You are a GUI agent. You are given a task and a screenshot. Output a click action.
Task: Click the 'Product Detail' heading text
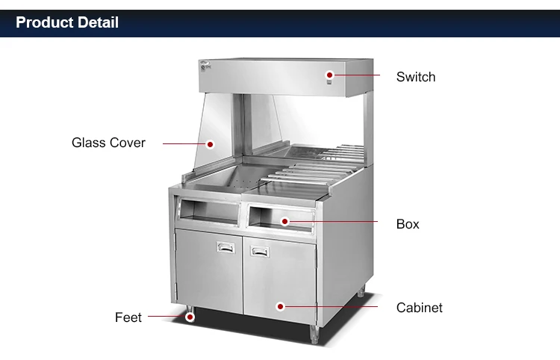67,22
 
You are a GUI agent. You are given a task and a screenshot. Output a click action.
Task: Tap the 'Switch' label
415,77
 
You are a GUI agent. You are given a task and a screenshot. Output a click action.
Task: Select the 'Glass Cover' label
108,143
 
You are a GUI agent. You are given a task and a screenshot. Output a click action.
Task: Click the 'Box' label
408,224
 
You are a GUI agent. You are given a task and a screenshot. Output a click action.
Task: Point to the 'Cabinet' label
419,308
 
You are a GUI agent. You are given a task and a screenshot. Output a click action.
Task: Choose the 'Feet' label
128,317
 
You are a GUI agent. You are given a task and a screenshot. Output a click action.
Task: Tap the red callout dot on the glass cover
211,143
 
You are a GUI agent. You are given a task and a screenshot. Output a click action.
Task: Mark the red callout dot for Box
284,221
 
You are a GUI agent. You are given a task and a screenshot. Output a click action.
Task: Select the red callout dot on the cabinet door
280,305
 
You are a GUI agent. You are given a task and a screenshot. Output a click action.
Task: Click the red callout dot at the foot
190,317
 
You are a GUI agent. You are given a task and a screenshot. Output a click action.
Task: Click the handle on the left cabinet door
225,246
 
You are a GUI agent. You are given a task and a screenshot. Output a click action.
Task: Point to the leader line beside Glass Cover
183,143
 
